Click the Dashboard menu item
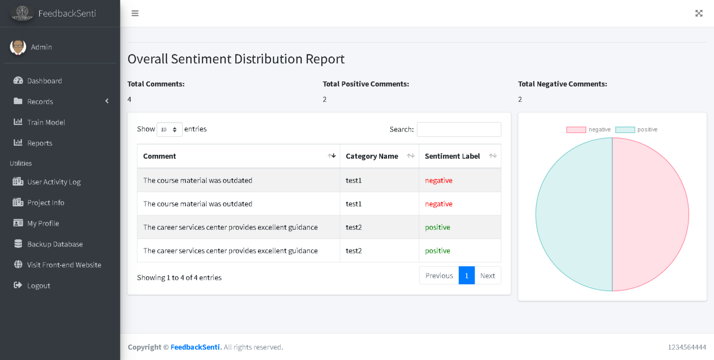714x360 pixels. (x=44, y=81)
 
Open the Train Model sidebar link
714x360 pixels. (x=46, y=122)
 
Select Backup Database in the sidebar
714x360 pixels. (x=54, y=244)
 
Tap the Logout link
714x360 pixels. (x=38, y=286)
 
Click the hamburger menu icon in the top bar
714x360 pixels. (x=135, y=13)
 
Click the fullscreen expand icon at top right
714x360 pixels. (x=699, y=13)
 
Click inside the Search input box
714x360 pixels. (x=459, y=129)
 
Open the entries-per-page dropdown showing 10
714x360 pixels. (x=169, y=129)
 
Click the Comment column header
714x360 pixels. (x=159, y=156)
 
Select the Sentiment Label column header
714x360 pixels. (x=452, y=156)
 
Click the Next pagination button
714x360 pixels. (x=487, y=275)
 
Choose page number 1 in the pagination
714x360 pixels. (x=466, y=275)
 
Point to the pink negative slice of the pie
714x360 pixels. (x=651, y=214)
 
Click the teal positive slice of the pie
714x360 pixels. (x=574, y=214)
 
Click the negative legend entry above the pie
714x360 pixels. (x=588, y=130)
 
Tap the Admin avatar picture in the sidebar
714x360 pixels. (x=18, y=47)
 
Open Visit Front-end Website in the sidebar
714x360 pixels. (x=64, y=265)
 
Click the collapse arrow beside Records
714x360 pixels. (x=107, y=101)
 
